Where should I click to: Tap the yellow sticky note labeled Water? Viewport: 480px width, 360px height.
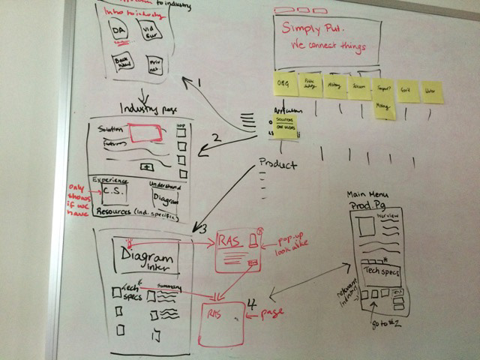click(x=431, y=91)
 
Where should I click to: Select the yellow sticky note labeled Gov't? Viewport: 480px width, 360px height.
click(x=408, y=90)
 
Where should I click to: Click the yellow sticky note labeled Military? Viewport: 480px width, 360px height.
click(x=334, y=86)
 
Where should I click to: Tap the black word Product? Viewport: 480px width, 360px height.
click(x=277, y=164)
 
